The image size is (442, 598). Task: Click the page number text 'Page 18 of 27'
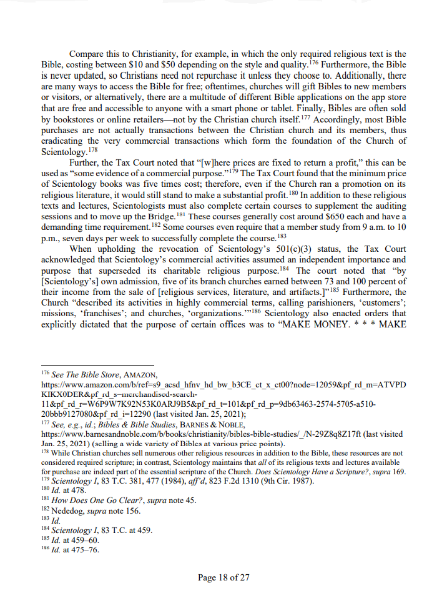click(223, 577)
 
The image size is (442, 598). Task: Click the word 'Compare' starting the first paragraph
click(87, 54)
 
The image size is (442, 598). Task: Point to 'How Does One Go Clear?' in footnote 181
click(91, 501)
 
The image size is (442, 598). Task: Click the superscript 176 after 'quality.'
click(314, 62)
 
